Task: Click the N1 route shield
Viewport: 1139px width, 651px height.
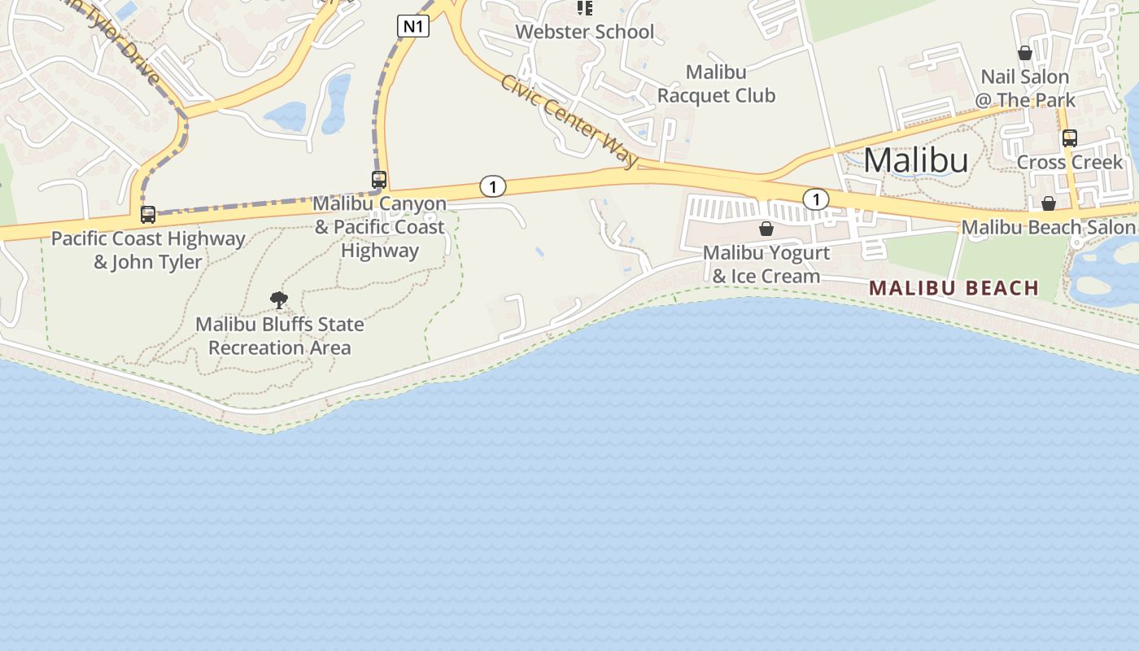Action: (413, 26)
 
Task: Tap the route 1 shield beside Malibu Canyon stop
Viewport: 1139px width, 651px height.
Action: (492, 186)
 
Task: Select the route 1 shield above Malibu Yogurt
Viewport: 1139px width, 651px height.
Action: (815, 199)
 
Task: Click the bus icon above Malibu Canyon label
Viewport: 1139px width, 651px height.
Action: (379, 179)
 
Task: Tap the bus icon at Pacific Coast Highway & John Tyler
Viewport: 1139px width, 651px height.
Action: (148, 215)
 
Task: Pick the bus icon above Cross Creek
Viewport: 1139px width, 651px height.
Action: (1070, 138)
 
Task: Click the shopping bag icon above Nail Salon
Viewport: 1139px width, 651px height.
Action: (1025, 53)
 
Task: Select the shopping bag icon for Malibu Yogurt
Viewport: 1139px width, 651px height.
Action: (766, 229)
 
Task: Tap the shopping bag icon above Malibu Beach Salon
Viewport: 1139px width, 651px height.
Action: (1049, 203)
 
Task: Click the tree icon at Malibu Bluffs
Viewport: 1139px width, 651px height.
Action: (279, 300)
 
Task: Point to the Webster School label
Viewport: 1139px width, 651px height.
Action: (585, 32)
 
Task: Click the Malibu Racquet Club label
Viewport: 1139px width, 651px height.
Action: (716, 84)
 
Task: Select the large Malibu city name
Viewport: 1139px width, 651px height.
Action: (916, 159)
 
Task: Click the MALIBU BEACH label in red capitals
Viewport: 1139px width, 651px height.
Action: (954, 287)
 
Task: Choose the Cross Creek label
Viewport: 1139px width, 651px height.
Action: (1070, 162)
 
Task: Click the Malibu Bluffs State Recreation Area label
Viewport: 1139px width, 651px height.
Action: (280, 336)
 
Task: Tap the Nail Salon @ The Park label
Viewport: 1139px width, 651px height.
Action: (1025, 88)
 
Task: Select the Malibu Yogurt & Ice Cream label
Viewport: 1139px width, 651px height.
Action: (766, 264)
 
